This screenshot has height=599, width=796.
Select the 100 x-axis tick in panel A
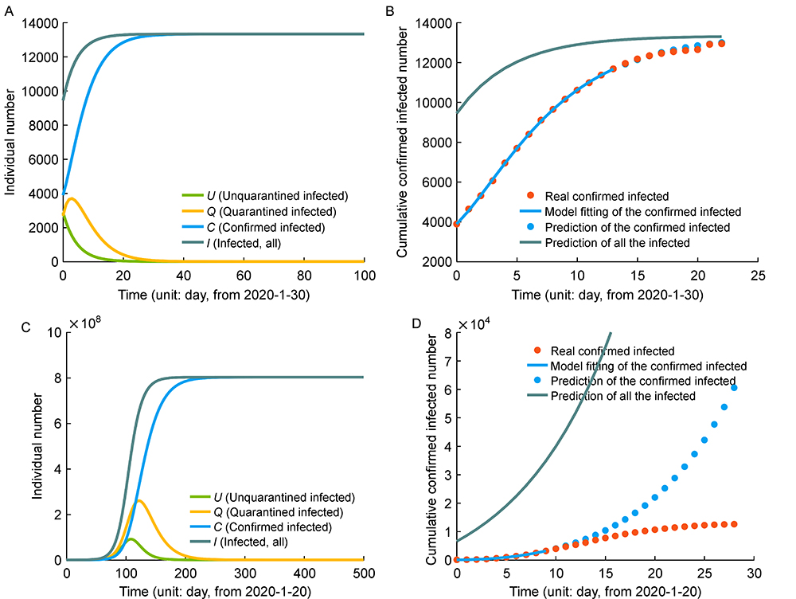(x=365, y=275)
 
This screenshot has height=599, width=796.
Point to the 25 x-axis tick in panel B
(x=758, y=275)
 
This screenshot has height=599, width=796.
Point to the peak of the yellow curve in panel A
(x=72, y=198)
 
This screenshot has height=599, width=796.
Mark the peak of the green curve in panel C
(x=130, y=539)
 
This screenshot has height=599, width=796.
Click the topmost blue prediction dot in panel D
(x=734, y=388)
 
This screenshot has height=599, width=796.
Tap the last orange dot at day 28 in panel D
(x=734, y=524)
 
